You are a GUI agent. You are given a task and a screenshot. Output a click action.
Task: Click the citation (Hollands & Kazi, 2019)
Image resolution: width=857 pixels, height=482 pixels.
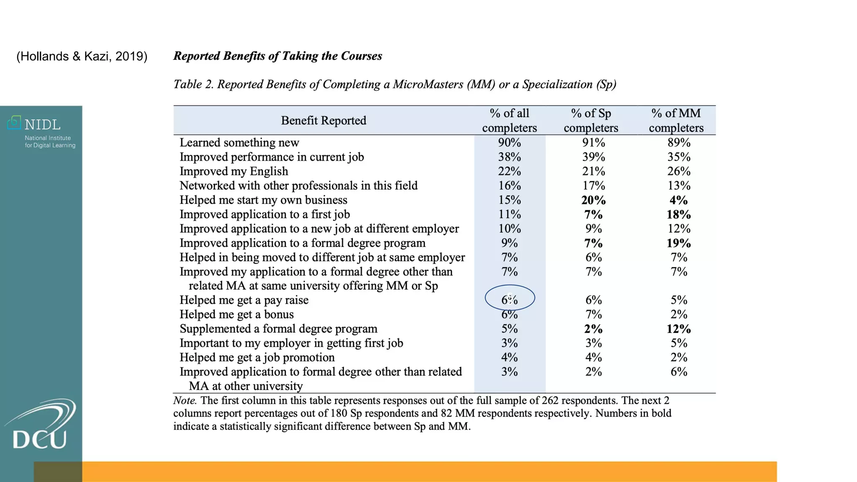point(82,56)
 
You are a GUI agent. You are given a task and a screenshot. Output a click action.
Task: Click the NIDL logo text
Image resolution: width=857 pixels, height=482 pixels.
point(42,124)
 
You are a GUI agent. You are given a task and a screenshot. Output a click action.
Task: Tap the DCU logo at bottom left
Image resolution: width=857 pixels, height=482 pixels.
point(40,427)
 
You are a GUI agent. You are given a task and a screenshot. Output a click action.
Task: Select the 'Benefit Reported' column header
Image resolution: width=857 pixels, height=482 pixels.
point(323,120)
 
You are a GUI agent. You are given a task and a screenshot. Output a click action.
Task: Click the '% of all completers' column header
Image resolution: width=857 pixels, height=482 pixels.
point(509,120)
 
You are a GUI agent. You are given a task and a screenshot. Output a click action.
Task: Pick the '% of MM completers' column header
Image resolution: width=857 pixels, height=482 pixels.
point(676,120)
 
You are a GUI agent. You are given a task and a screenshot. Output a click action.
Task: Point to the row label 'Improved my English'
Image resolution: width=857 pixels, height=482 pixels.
point(234,172)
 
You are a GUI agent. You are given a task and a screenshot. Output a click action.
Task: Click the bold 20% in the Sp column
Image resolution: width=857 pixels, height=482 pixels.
point(593,200)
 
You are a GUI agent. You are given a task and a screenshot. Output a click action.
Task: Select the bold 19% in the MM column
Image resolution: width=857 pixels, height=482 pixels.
point(678,243)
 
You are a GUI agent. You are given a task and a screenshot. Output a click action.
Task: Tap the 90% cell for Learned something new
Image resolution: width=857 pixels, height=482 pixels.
point(509,143)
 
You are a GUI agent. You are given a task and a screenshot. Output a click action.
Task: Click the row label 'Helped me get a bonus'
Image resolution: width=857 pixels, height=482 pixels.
point(236,315)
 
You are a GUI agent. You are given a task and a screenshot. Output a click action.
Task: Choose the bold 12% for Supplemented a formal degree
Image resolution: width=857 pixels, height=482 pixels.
point(678,329)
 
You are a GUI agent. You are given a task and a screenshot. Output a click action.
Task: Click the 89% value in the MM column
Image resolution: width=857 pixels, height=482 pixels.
point(679,143)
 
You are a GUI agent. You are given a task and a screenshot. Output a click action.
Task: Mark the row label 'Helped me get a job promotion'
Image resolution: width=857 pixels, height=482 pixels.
point(257,358)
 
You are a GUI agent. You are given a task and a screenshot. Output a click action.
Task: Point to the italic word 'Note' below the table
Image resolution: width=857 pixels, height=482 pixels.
point(184,400)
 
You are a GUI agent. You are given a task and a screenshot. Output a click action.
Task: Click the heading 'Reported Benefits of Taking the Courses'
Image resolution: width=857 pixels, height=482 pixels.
point(277,56)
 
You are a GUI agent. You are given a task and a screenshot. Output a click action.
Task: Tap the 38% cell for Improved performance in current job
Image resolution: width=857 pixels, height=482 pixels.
point(509,157)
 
